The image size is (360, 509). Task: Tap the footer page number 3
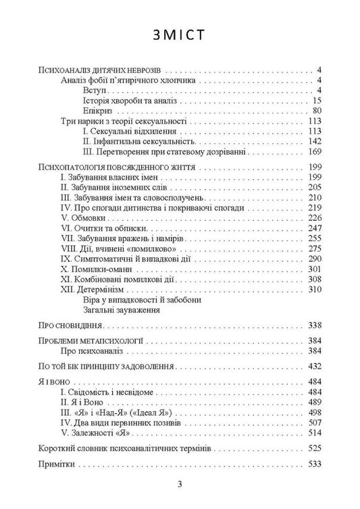point(180,484)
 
